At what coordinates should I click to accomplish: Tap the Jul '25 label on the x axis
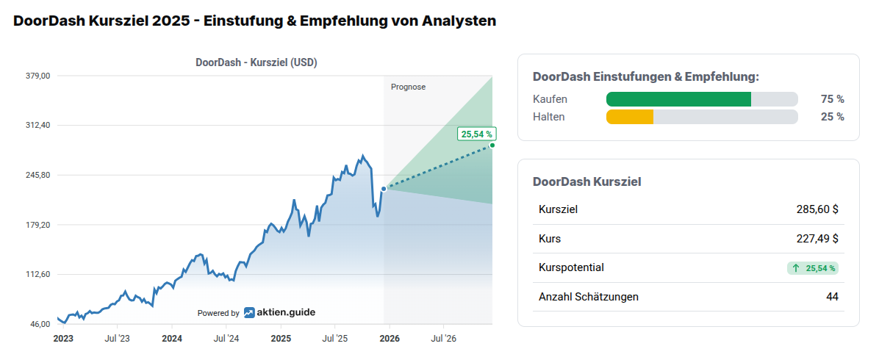(x=334, y=339)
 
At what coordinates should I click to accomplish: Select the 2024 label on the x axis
(x=172, y=339)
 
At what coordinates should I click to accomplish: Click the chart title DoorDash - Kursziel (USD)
(x=256, y=62)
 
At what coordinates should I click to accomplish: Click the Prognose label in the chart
(x=408, y=87)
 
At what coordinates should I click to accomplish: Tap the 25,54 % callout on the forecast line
(x=476, y=134)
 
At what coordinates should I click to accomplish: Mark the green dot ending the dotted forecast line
(x=492, y=145)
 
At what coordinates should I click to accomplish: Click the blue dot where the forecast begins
(x=384, y=189)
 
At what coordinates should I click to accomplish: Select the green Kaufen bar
(x=678, y=99)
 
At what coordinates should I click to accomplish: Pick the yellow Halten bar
(x=630, y=117)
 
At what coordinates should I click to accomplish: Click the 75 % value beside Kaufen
(x=832, y=99)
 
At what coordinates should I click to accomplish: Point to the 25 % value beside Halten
(x=832, y=117)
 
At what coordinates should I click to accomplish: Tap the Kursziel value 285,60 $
(x=817, y=209)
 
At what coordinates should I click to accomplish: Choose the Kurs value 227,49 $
(x=817, y=239)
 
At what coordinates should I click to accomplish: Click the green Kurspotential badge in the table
(x=812, y=268)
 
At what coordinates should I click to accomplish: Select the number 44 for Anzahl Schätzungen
(x=832, y=297)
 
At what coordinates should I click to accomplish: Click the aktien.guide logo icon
(x=250, y=312)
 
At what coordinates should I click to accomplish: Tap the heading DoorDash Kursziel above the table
(x=586, y=181)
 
